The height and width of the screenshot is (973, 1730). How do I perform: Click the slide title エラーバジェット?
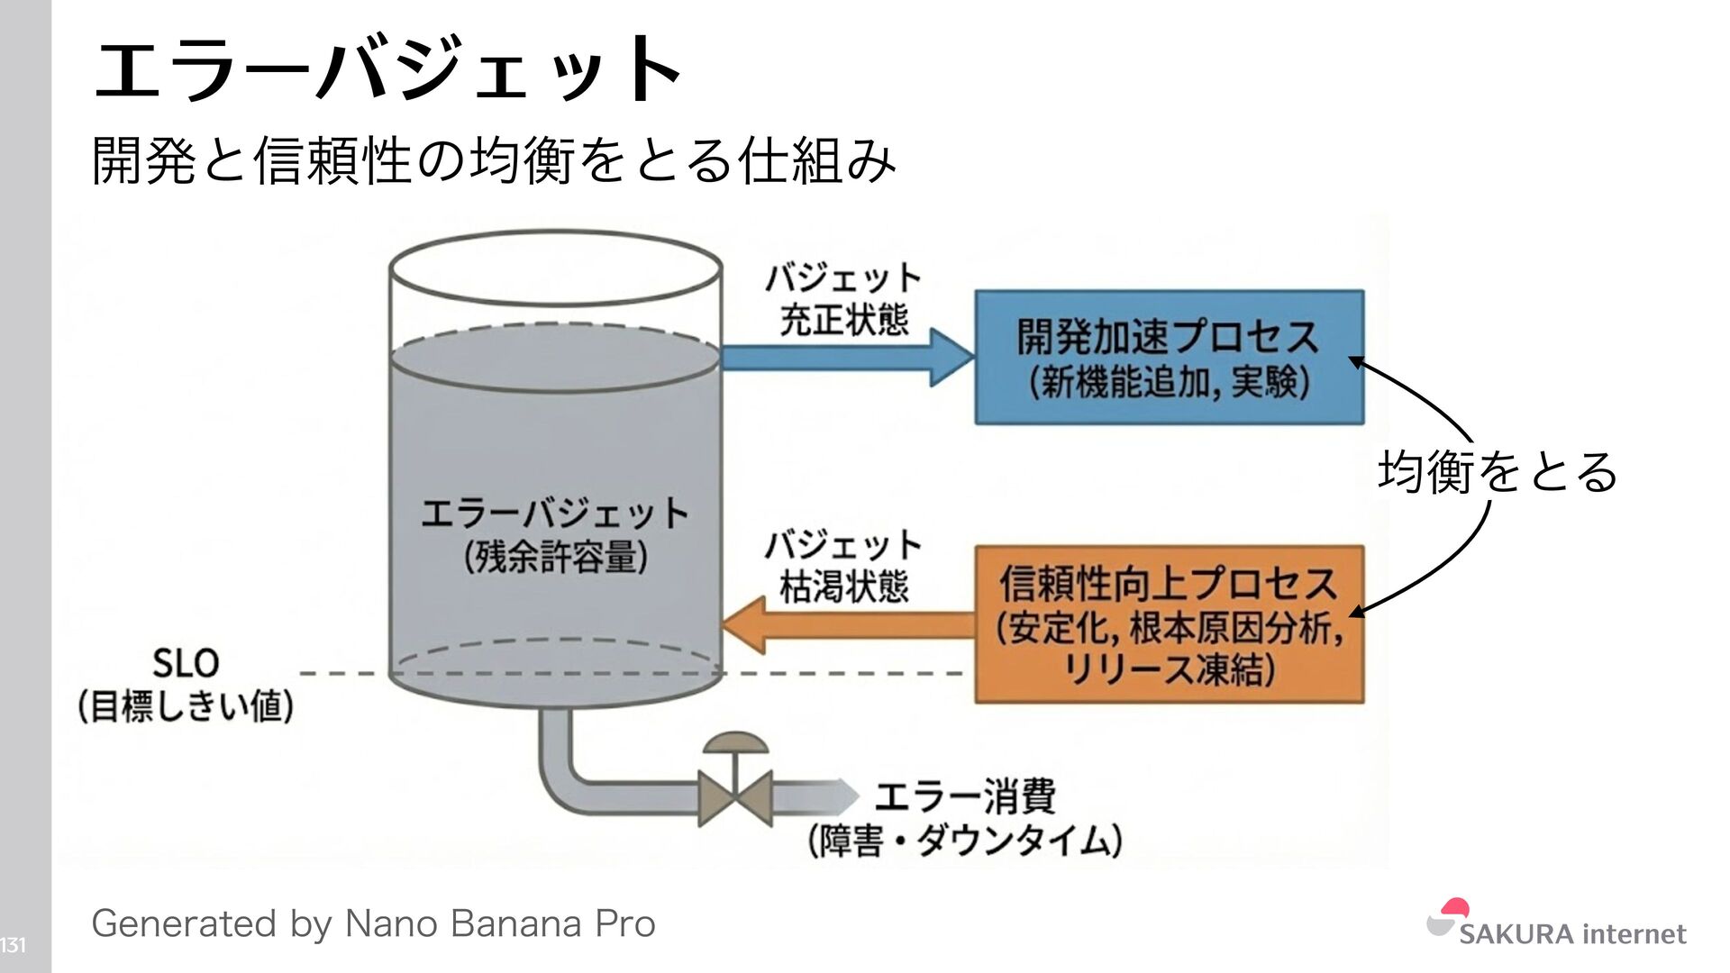point(387,68)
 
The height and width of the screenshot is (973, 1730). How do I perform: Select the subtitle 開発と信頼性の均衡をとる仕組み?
point(494,160)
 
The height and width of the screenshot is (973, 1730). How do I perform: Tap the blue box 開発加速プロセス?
point(1169,357)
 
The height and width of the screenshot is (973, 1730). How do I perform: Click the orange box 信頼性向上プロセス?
point(1169,623)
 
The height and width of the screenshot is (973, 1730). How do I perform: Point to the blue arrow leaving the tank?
point(847,357)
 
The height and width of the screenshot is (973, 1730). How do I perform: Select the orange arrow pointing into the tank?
point(847,625)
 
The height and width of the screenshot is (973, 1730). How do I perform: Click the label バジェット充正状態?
point(843,299)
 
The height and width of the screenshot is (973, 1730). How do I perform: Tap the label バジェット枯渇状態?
point(843,566)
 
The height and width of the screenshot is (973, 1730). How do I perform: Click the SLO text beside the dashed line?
point(186,664)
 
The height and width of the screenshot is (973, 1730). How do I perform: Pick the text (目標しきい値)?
point(186,706)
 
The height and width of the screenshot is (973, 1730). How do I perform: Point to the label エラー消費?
point(965,796)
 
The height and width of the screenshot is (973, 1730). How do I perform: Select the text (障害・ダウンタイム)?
point(965,841)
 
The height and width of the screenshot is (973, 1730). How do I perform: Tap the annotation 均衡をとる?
point(1498,472)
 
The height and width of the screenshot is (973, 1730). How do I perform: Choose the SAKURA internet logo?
point(1556,926)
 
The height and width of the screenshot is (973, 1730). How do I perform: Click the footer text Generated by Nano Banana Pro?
point(373,924)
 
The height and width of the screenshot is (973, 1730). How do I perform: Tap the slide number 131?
point(14,945)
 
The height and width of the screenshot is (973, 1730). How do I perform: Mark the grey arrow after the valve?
point(815,796)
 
